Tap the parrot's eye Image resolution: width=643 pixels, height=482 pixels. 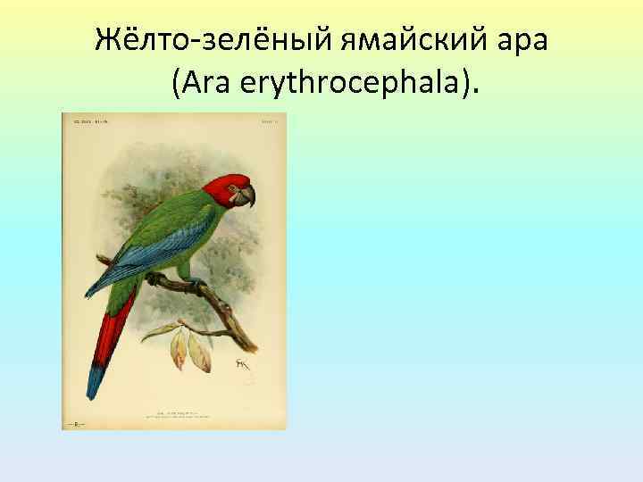[x=233, y=187]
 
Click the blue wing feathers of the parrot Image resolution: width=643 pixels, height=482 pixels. [x=134, y=259]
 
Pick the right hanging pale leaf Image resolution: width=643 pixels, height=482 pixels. [x=200, y=353]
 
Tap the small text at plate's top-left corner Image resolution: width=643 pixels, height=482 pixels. [x=82, y=120]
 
